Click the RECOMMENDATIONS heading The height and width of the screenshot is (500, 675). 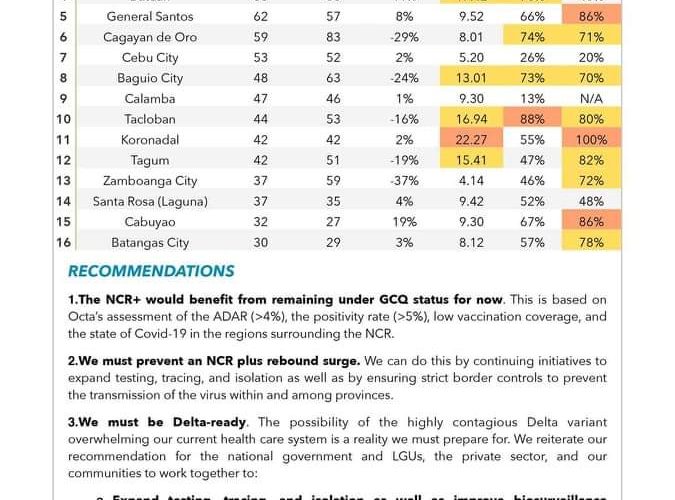click(151, 271)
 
